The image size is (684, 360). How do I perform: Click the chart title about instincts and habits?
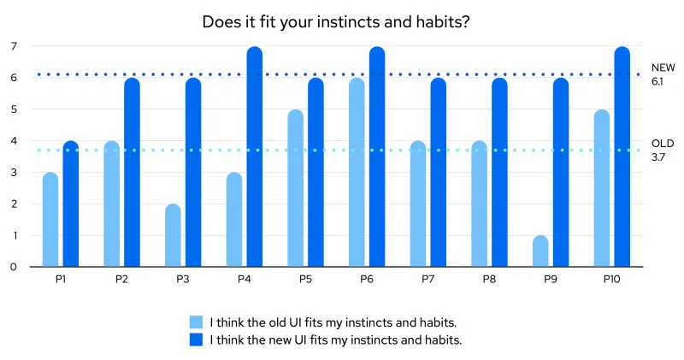tap(335, 22)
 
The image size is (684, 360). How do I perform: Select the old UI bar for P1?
tap(50, 220)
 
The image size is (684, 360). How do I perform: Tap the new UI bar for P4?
tap(255, 157)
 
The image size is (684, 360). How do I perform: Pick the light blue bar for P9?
tap(540, 251)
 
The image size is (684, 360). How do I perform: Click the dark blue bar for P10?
tap(622, 157)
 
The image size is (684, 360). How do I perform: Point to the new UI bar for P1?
tap(71, 204)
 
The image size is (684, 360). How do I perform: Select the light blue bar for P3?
tap(173, 236)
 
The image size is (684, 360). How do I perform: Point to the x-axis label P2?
tap(121, 280)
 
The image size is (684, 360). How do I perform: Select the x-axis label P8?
tap(489, 280)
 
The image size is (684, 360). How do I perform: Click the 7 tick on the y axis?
tap(13, 46)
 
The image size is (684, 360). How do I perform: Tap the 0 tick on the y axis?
tap(13, 267)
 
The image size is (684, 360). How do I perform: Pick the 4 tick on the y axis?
tap(13, 141)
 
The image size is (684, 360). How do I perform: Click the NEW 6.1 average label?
tap(663, 74)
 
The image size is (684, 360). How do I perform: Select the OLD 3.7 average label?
tap(663, 150)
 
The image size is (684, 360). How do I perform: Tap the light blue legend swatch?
tap(197, 322)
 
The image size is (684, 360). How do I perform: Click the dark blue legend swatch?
tap(197, 340)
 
